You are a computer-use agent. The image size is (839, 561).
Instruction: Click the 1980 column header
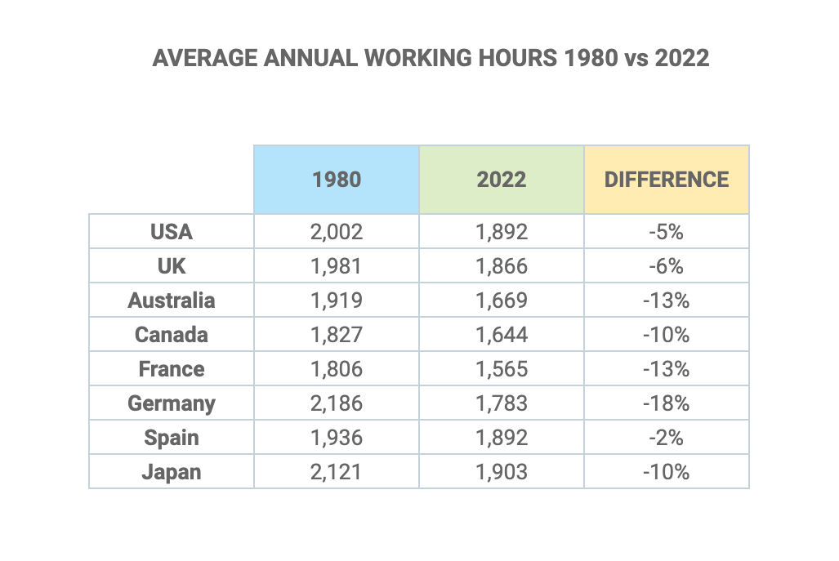coord(336,180)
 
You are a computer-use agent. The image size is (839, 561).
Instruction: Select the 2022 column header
coord(501,180)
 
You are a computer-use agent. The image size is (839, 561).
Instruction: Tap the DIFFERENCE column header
coord(666,180)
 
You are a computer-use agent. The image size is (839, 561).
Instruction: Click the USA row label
coord(172,232)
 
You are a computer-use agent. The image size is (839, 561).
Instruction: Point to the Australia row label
coord(172,301)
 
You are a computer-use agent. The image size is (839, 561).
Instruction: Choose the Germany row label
coord(172,403)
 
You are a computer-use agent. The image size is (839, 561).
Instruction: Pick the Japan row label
coord(172,472)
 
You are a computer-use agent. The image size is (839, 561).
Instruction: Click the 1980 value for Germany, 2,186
coord(336,403)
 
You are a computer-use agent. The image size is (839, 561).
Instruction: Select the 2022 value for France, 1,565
coord(501,369)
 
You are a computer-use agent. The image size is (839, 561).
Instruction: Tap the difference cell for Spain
coord(666,438)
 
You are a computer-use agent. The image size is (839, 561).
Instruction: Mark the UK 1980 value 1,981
coord(336,266)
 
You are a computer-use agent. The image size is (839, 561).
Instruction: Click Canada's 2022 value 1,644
coord(501,335)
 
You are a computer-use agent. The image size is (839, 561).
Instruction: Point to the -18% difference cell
coord(666,403)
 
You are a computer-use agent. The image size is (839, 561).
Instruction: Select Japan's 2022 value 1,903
coord(501,472)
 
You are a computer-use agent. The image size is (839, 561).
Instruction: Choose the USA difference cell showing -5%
coord(666,232)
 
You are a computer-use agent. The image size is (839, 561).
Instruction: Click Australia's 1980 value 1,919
coord(336,301)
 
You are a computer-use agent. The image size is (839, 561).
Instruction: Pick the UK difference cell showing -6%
coord(666,266)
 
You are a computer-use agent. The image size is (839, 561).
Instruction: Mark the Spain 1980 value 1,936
coord(336,438)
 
